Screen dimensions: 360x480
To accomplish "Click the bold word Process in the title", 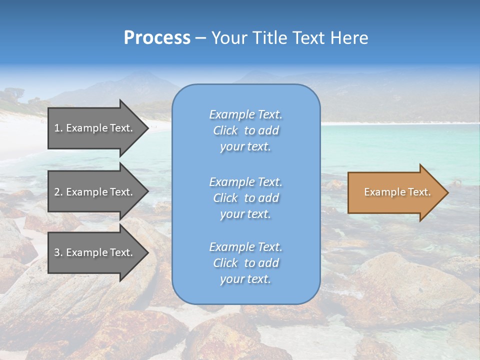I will (157, 38).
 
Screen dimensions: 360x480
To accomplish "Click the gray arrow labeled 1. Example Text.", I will (95, 128).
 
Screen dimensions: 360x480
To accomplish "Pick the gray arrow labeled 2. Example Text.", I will (95, 192).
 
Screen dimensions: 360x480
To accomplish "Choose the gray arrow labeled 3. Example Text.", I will (95, 252).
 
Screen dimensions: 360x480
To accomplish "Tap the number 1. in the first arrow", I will (58, 128).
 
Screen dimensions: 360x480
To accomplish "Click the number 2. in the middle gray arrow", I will (58, 192).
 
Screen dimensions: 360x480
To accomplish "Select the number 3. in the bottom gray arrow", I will (58, 252).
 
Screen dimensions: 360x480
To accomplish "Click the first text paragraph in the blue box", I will (245, 130).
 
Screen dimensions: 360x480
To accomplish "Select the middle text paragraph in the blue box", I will (245, 198).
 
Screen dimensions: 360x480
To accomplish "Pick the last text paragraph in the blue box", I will (245, 263).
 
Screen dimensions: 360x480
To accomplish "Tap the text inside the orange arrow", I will (397, 192).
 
